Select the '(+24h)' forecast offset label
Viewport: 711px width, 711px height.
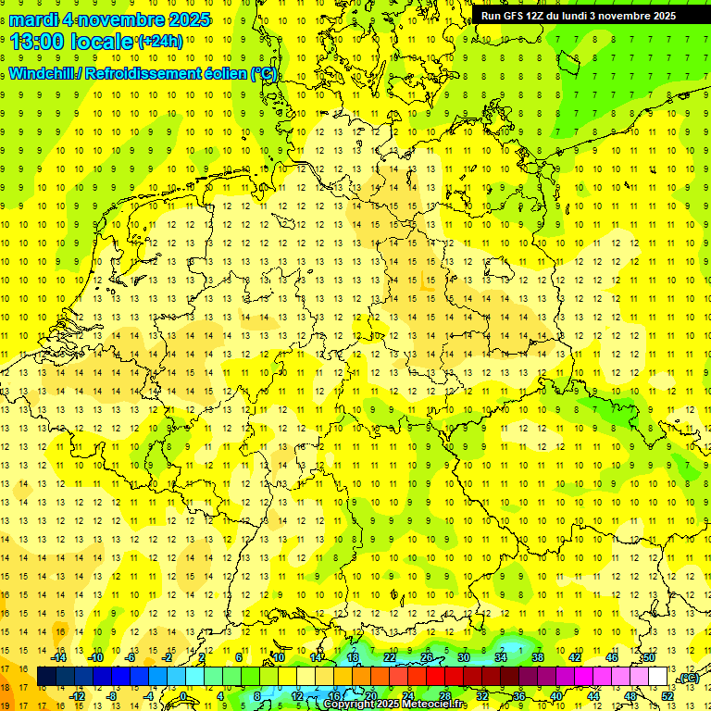(159, 42)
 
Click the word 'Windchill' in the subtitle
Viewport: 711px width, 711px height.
(43, 74)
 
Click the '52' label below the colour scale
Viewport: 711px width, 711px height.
(667, 695)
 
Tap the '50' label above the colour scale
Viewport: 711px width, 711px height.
(649, 657)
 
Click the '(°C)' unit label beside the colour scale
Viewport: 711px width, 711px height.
(688, 678)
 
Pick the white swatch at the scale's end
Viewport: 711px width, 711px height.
(657, 677)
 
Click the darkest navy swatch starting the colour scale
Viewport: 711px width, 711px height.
(46, 677)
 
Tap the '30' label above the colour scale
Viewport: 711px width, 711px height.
(464, 657)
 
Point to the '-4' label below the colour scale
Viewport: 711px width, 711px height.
(149, 695)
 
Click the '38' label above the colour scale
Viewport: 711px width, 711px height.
(538, 657)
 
